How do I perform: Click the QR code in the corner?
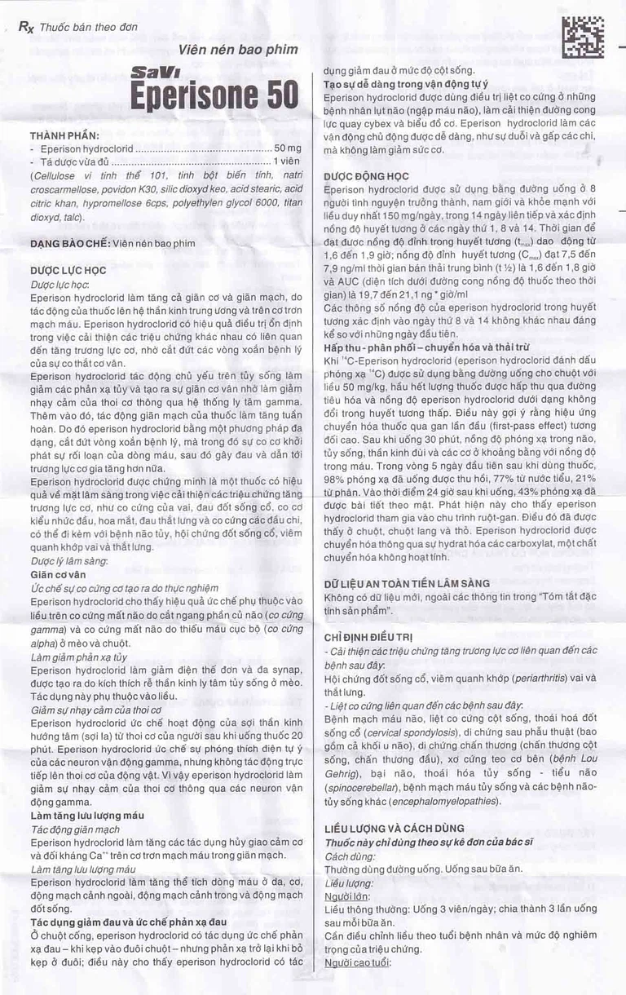[584, 37]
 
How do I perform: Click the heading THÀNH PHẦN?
[64, 135]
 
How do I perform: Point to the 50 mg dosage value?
[288, 149]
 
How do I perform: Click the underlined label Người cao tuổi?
[358, 962]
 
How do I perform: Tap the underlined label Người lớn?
[346, 896]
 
